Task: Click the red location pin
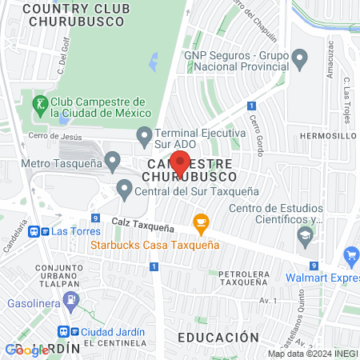pyautogui.click(x=181, y=162)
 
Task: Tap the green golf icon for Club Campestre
pyautogui.click(x=39, y=103)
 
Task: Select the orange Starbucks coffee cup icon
pyautogui.click(x=200, y=221)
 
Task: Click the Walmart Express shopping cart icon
pyautogui.click(x=350, y=255)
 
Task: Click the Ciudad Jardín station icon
pyautogui.click(x=63, y=331)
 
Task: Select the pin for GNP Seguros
pyautogui.click(x=300, y=58)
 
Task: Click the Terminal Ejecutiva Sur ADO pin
pyautogui.click(x=144, y=135)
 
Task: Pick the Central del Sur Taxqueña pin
pyautogui.click(x=124, y=190)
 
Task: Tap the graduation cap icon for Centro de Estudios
pyautogui.click(x=304, y=234)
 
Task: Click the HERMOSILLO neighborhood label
pyautogui.click(x=328, y=136)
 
